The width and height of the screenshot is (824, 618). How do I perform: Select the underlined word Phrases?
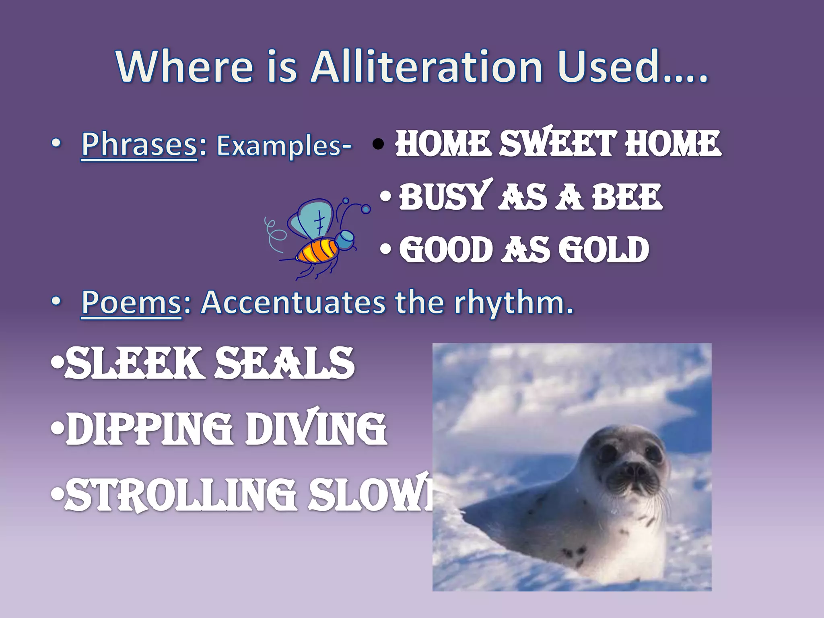coord(139,144)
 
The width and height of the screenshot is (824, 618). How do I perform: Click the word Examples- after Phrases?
coord(284,146)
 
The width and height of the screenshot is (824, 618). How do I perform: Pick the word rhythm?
coord(513,303)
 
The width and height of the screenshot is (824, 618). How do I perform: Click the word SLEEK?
coord(133,363)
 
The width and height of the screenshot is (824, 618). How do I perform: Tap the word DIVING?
coord(316,429)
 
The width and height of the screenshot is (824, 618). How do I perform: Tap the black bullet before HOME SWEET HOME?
coord(378,144)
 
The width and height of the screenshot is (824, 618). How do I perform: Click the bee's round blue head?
coord(344,239)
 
